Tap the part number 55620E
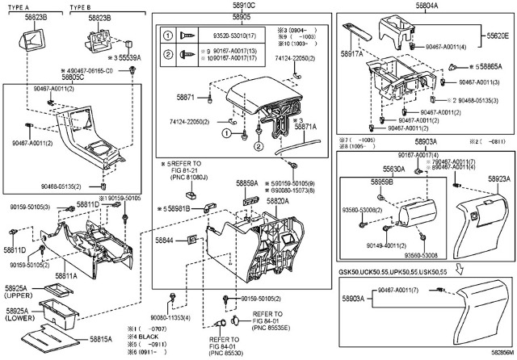pos(497,37)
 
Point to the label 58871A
pos(305,128)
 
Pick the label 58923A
pos(498,178)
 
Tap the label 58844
pos(165,241)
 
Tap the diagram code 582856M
pos(501,354)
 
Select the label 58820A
pos(277,201)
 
